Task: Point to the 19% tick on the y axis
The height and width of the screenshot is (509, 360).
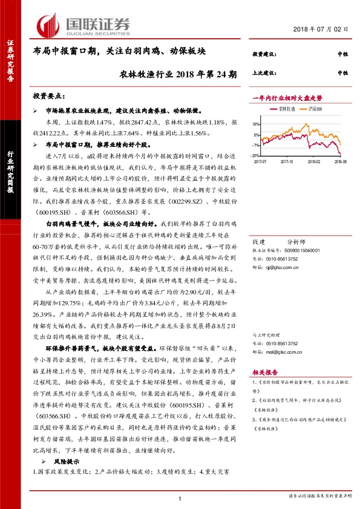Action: tap(257, 124)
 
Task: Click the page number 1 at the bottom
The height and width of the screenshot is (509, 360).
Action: tap(180, 498)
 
